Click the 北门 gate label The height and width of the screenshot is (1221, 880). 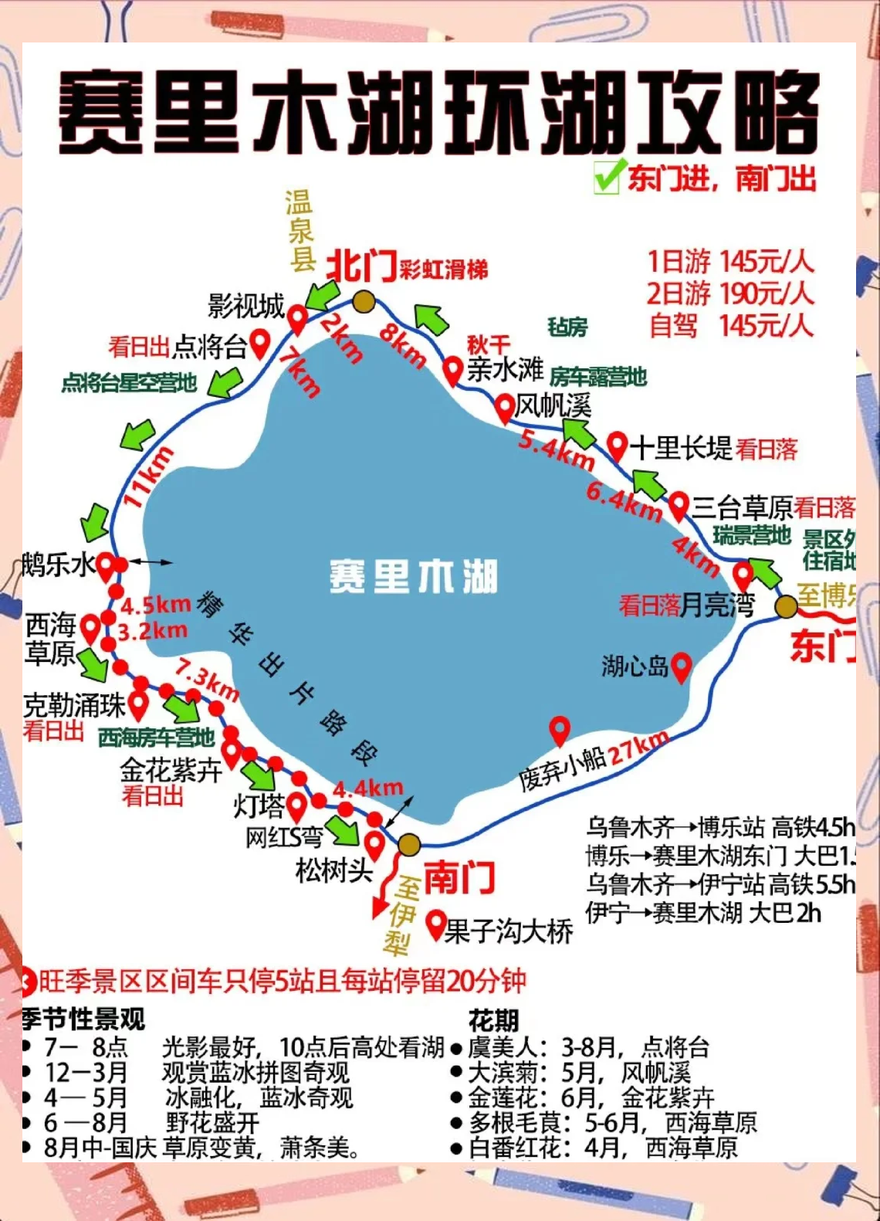coord(361,267)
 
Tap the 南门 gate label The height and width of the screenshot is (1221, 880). coord(459,877)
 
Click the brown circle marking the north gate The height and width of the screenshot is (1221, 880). coord(364,301)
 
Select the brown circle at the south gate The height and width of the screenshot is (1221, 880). coord(409,844)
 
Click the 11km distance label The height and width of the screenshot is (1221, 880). coord(148,477)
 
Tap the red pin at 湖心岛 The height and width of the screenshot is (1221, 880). coord(681,667)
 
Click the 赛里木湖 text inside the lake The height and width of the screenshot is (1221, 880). coord(413,577)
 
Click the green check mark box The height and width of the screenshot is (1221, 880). coord(607,178)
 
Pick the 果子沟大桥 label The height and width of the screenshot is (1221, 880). coord(509,931)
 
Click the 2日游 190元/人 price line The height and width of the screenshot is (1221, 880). coord(730,293)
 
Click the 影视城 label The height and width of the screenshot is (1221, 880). coord(246,307)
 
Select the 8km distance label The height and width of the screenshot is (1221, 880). coord(403,344)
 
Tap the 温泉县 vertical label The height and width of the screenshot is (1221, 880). coord(300,230)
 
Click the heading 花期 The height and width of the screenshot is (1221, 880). coord(494,1020)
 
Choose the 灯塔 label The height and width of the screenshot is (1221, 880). coord(259,806)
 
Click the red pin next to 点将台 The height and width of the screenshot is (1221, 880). coord(260,343)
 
